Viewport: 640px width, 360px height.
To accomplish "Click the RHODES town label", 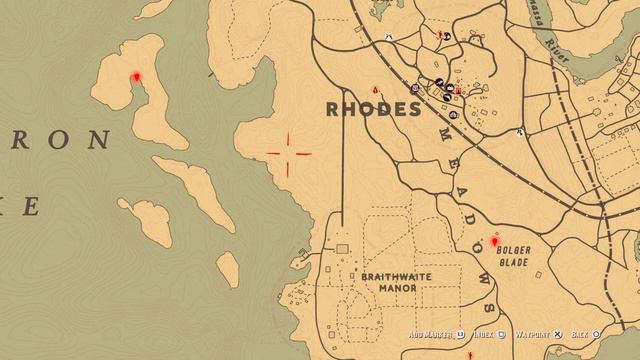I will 371,110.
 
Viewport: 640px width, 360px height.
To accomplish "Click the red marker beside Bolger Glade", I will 494,241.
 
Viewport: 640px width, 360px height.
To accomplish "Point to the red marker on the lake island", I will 137,76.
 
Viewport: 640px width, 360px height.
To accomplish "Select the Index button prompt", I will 484,335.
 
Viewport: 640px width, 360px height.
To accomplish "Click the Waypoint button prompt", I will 531,335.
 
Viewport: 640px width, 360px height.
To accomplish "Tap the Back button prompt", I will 578,335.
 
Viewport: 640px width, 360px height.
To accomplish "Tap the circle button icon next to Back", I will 596,335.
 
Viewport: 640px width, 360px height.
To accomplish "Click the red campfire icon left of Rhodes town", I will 377,88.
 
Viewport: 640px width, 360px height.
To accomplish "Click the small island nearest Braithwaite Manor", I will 228,269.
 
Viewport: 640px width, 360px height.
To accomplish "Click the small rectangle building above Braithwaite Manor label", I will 343,247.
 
